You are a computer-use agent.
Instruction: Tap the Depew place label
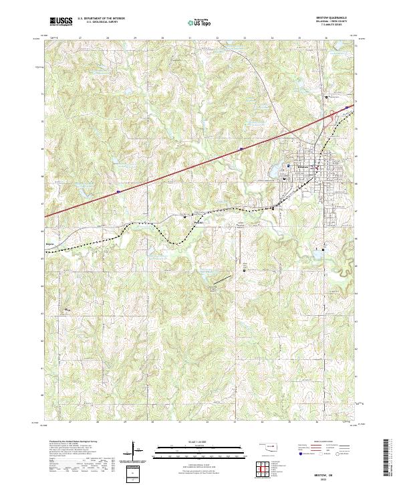(x=51, y=244)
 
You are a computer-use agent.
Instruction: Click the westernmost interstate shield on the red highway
(x=118, y=191)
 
